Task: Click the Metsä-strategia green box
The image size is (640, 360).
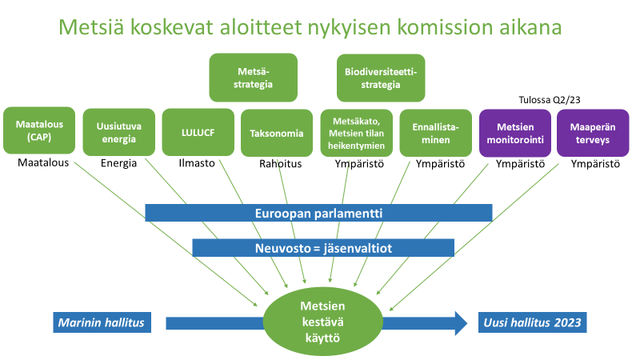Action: click(253, 78)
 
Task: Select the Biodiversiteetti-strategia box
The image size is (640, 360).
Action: click(381, 78)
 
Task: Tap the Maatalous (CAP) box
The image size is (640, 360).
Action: click(39, 130)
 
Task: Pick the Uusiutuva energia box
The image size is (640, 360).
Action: click(118, 132)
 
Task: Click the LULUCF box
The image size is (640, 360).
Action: click(198, 132)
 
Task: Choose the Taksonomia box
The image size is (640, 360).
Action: click(277, 133)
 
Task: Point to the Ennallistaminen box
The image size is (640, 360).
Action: click(435, 133)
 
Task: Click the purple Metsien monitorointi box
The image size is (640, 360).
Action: click(515, 133)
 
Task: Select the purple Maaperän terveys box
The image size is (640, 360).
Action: click(593, 133)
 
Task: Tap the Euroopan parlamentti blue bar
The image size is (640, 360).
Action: click(318, 213)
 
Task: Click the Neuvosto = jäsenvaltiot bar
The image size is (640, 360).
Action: click(323, 248)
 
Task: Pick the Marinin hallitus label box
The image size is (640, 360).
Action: click(102, 322)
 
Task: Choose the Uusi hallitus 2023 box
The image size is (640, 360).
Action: click(532, 322)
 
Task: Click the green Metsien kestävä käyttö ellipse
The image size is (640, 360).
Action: click(323, 322)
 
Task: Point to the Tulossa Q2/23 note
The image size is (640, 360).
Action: click(550, 100)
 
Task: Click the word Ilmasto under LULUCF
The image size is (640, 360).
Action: click(197, 163)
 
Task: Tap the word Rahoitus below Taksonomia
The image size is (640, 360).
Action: click(281, 164)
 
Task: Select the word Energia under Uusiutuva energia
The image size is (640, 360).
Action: click(118, 163)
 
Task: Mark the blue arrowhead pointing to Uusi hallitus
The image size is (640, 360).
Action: click(462, 323)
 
